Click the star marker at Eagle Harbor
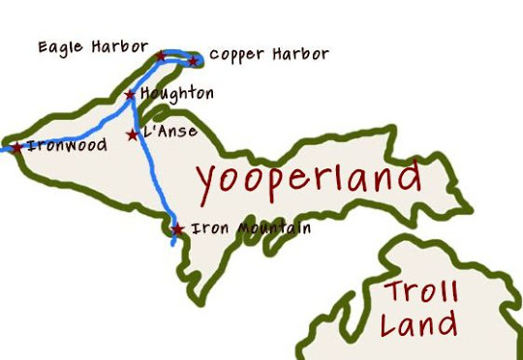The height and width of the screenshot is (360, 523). click(161, 57)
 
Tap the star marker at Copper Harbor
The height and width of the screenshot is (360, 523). click(193, 61)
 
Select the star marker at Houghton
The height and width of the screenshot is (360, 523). click(130, 94)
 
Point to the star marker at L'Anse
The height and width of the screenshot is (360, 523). click(133, 135)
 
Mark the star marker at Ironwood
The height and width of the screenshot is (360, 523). click(16, 147)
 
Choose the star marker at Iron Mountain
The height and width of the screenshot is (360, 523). click(177, 229)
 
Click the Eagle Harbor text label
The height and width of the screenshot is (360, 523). click(94, 45)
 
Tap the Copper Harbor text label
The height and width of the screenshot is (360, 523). click(269, 54)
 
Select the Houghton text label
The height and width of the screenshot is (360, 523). click(177, 94)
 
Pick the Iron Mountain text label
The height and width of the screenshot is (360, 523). click(252, 229)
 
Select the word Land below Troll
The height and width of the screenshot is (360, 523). click(418, 325)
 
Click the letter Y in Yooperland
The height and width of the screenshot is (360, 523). click(207, 184)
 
